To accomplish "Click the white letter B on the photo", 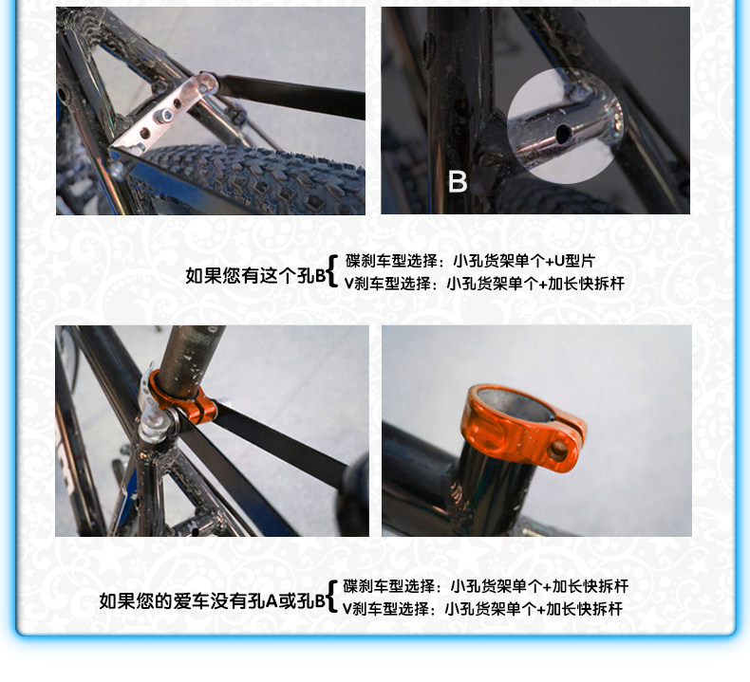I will (x=457, y=181).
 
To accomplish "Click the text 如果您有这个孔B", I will (x=254, y=276).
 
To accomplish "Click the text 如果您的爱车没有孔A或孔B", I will (x=213, y=601).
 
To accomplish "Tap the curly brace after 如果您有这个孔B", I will (x=332, y=270).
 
